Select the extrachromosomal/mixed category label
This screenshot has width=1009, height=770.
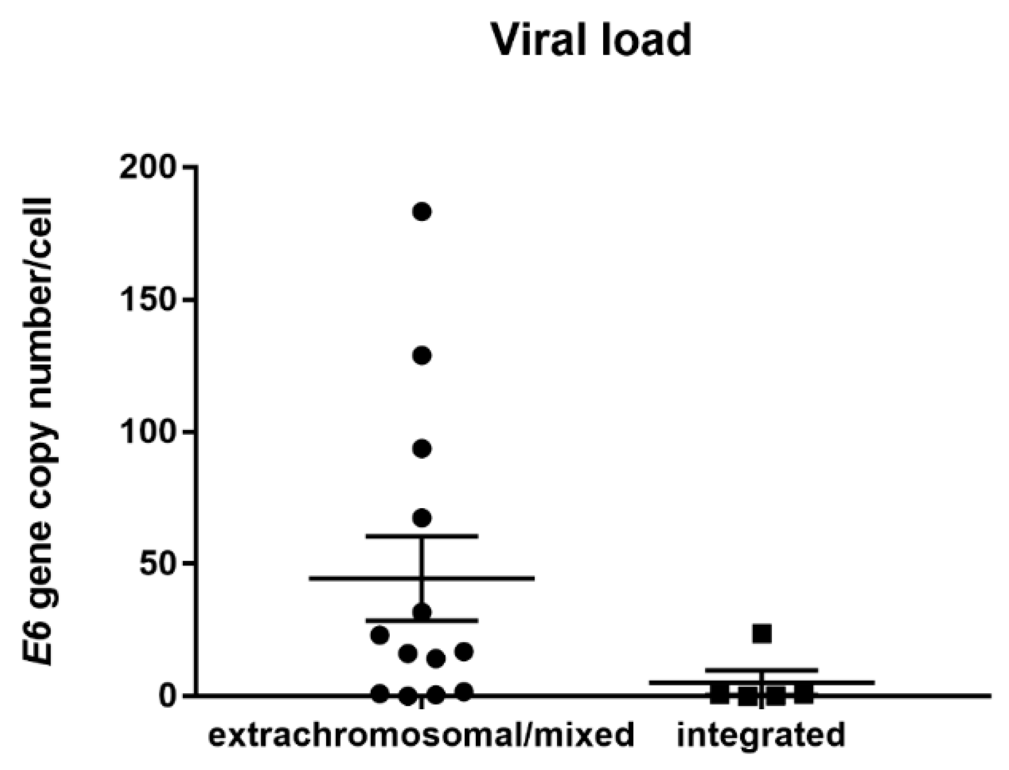(x=421, y=735)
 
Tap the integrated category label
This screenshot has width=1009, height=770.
(x=761, y=735)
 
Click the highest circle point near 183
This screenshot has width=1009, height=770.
(x=422, y=211)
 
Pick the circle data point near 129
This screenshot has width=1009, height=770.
(x=422, y=356)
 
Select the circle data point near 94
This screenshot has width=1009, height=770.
(x=422, y=449)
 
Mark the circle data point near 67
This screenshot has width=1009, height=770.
(x=422, y=518)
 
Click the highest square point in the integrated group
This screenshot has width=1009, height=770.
(x=762, y=634)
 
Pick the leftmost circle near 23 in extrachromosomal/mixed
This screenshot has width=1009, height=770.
(x=379, y=636)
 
